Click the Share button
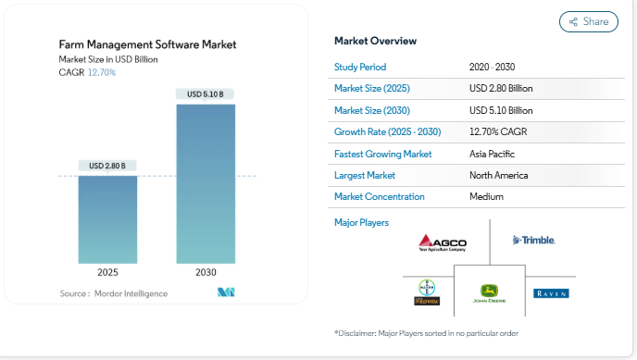588,21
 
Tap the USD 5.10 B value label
206,94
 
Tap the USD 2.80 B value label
107,166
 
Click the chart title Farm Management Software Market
147,43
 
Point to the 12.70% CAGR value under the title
102,72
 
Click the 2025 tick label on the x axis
107,273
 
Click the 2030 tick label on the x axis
206,273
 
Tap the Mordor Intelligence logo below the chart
226,292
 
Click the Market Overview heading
375,41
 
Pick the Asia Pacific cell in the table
492,154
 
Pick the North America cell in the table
499,175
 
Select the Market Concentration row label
379,196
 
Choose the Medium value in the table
487,196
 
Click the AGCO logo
443,242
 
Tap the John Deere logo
488,294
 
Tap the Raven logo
551,293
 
